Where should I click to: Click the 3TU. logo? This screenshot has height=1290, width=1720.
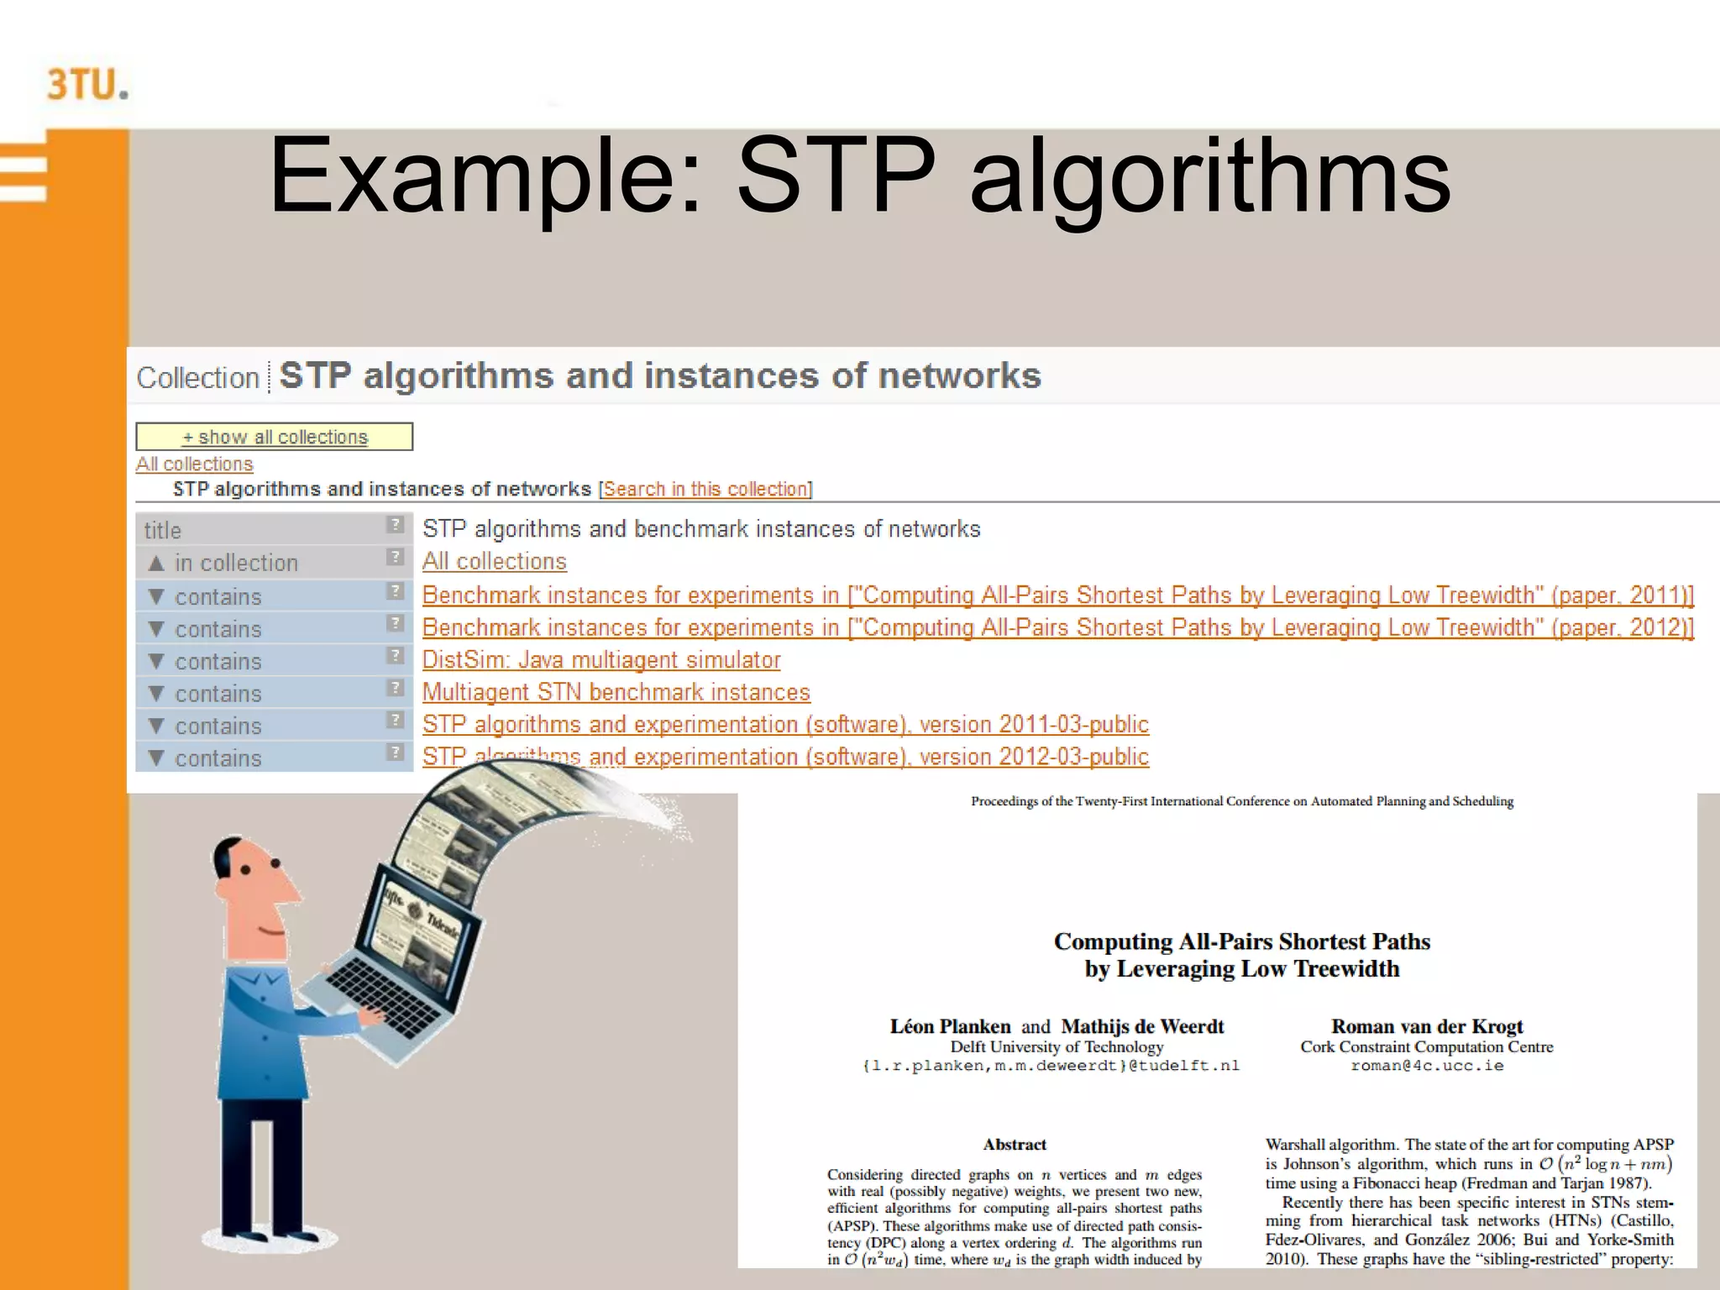coord(87,85)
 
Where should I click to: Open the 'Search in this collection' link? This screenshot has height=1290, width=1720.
coord(706,489)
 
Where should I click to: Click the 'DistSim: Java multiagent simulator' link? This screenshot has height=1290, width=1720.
coord(601,660)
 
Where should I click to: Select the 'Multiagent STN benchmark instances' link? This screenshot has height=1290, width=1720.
coord(616,692)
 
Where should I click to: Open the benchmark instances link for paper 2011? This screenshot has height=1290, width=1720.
coord(1057,595)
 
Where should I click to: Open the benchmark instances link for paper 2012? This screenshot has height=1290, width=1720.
coord(1057,627)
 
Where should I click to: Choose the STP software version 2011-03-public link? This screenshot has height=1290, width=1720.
coord(785,724)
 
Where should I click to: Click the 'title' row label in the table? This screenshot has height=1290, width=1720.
coord(163,530)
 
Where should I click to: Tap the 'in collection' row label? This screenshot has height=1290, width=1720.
coord(236,563)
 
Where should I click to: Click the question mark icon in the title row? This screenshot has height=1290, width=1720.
coord(395,525)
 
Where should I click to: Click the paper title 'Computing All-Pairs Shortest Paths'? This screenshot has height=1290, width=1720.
coord(1241,941)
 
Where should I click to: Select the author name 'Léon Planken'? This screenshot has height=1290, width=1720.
coord(950,1026)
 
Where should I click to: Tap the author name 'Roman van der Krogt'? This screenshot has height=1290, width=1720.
coord(1426,1026)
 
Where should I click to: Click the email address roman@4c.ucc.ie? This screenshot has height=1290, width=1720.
coord(1427,1066)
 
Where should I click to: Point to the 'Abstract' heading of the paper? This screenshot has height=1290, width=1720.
coord(1015,1144)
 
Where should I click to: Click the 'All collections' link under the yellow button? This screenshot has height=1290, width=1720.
coord(194,464)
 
